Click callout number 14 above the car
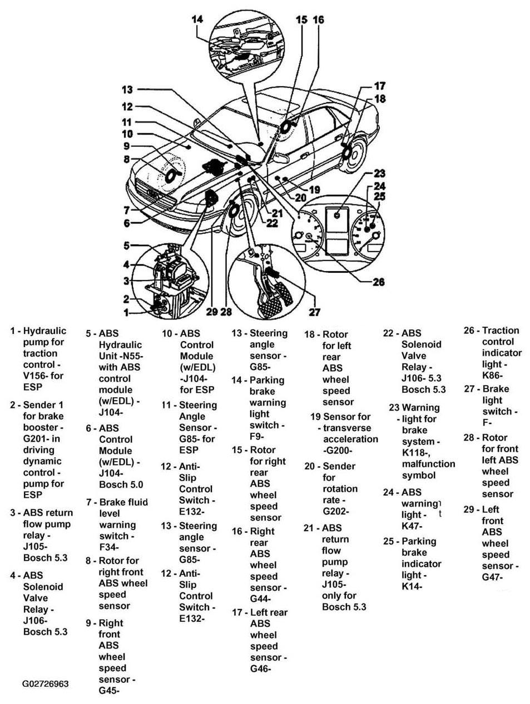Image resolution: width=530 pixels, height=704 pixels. tap(197, 19)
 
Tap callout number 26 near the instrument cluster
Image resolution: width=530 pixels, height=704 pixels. tap(378, 282)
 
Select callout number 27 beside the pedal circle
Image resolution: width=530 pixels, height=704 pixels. tap(315, 312)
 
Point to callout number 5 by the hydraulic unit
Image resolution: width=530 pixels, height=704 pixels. tap(127, 245)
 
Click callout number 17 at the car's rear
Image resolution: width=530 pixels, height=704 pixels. tap(379, 86)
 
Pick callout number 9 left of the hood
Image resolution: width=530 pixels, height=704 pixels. tap(127, 146)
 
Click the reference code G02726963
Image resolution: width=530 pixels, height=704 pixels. tap(46, 683)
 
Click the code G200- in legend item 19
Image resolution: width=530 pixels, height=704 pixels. tap(338, 451)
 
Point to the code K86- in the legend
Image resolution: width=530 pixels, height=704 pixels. tap(493, 376)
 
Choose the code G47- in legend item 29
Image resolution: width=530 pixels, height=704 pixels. tap(492, 577)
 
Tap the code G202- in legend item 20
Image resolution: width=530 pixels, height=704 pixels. tap(336, 511)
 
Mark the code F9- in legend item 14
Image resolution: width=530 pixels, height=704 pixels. tap(260, 437)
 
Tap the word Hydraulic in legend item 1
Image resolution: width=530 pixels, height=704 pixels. tap(44, 331)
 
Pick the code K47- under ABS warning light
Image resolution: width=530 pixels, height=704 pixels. tap(412, 526)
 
